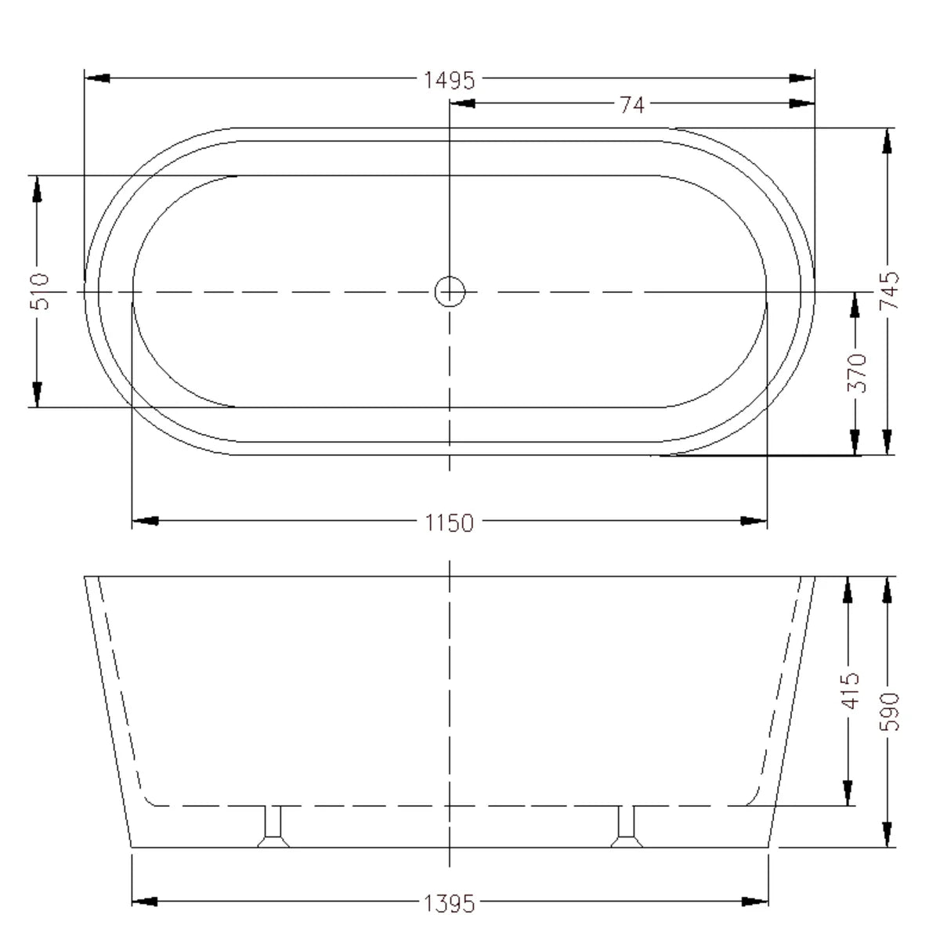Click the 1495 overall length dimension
(449, 79)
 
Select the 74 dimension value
(631, 103)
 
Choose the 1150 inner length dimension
(449, 522)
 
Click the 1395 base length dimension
(449, 903)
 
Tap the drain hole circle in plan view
(450, 292)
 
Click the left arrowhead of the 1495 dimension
(97, 78)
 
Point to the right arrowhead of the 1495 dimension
(801, 78)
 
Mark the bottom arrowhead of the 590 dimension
(887, 833)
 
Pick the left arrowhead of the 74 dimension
(462, 103)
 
